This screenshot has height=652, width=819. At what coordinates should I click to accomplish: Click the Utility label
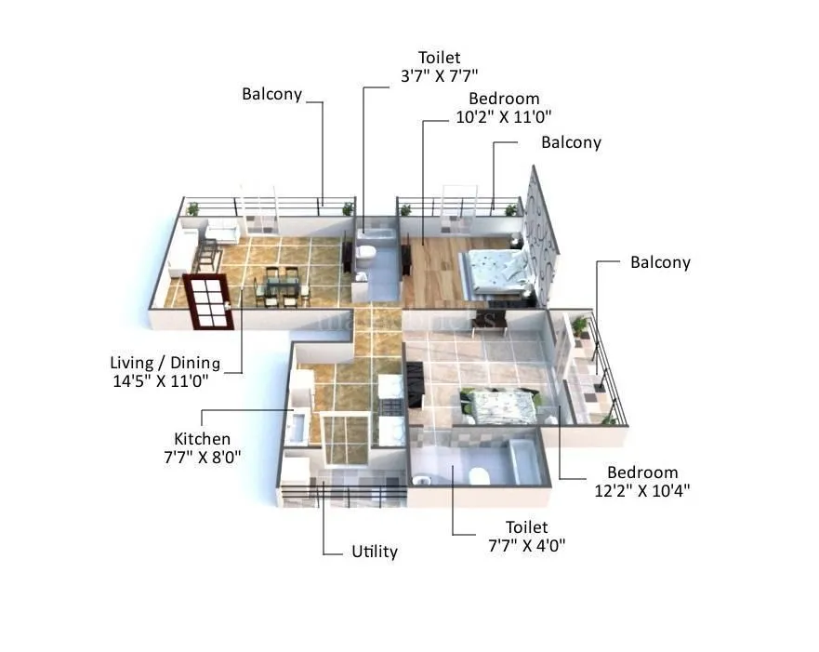pos(375,552)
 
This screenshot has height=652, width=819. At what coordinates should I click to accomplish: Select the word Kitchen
pos(202,439)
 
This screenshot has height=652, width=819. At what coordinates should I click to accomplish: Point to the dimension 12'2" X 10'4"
pos(642,490)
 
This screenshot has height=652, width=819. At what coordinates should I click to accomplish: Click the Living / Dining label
pos(165,363)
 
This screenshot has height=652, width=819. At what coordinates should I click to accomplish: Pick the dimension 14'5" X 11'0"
pos(160,380)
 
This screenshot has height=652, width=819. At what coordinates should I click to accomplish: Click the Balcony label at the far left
pos(271,94)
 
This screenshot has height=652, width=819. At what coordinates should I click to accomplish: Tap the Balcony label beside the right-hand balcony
pos(660,262)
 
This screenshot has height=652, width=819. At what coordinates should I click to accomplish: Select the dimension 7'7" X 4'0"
pos(527,545)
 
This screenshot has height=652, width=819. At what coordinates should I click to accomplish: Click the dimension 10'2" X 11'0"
pos(504,116)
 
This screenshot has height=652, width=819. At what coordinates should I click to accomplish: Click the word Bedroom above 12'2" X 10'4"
pos(642,472)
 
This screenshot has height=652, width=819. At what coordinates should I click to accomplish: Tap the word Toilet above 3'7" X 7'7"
pos(439,58)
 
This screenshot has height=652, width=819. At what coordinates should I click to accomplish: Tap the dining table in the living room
pos(278,286)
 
